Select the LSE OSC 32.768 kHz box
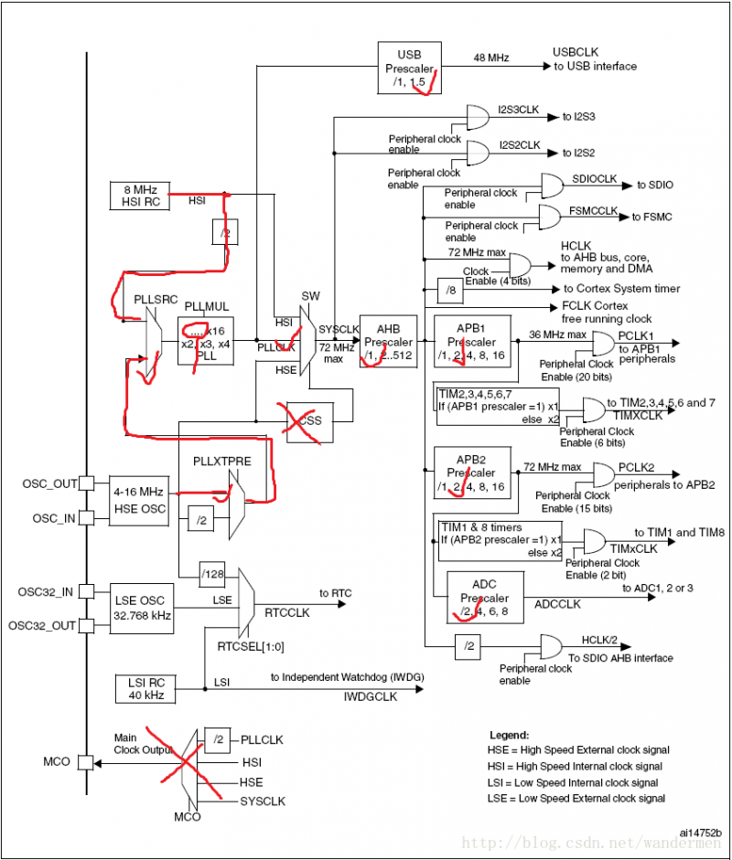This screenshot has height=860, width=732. point(139,608)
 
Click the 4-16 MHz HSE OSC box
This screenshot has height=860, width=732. point(140,500)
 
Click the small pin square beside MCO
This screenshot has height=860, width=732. point(86,760)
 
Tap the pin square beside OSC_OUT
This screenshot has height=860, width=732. point(86,483)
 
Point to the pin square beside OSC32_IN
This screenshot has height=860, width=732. point(86,591)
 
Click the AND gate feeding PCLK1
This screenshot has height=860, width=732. point(604,343)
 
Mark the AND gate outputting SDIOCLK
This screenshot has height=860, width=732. point(554,186)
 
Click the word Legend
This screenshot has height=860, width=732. point(508,734)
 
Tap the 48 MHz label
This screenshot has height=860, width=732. point(490,58)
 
